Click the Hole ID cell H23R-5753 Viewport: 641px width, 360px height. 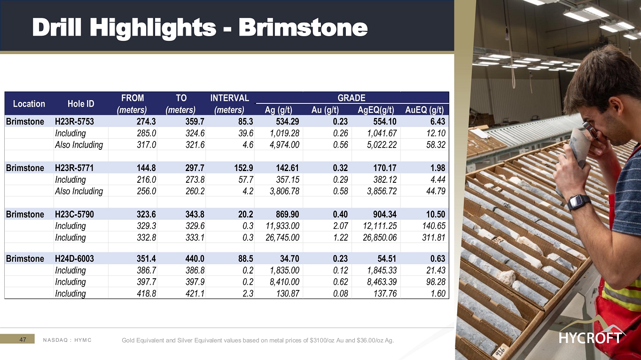(x=74, y=122)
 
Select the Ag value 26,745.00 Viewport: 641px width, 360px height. (x=282, y=237)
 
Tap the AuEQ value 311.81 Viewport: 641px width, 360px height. (x=434, y=237)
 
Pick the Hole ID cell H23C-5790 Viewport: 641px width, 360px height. (x=74, y=214)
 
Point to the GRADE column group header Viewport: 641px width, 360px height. (x=352, y=98)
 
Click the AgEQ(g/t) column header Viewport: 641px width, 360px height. (x=376, y=110)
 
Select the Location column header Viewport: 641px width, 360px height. (x=29, y=103)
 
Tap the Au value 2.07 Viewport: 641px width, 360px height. (x=340, y=226)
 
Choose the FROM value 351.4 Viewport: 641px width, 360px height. (x=146, y=258)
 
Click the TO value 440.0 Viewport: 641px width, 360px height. (x=195, y=258)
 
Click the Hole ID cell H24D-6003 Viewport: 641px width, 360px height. (x=74, y=258)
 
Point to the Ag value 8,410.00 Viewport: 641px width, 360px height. (x=284, y=282)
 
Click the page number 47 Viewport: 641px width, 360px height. (x=23, y=340)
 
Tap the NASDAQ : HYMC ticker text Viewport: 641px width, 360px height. (x=67, y=340)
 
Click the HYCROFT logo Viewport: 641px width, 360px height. (x=591, y=332)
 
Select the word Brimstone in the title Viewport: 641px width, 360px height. (x=303, y=27)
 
